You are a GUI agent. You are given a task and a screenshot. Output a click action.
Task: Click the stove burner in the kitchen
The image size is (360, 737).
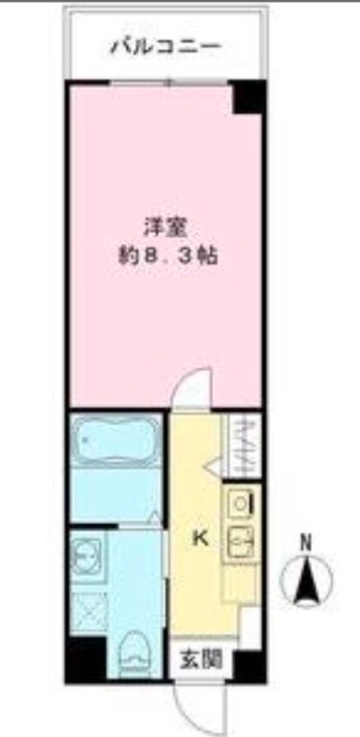[x=238, y=503]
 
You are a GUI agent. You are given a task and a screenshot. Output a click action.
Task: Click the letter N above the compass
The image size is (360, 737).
[x=305, y=542]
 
